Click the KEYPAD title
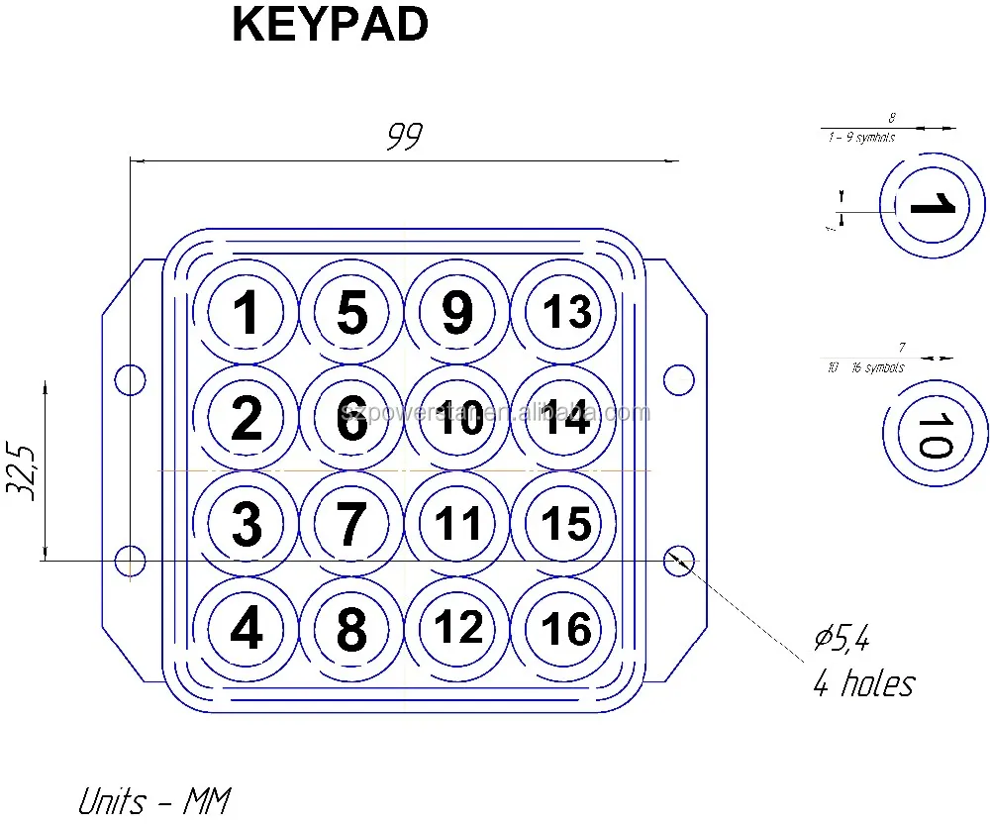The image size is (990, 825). (x=330, y=27)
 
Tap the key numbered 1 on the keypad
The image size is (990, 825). (x=246, y=313)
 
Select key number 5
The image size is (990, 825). (x=351, y=313)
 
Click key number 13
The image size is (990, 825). (x=566, y=313)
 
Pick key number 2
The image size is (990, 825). (x=246, y=419)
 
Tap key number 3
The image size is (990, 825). (x=246, y=525)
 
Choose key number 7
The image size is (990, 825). (x=351, y=525)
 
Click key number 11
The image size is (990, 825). (x=458, y=525)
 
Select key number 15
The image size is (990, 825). (x=566, y=525)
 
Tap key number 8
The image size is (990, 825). (x=351, y=630)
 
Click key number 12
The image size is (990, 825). (x=458, y=628)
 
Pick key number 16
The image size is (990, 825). (x=566, y=630)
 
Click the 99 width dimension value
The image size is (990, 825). (x=404, y=137)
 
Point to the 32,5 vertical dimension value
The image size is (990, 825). (x=25, y=471)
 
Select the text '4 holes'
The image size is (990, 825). (x=863, y=683)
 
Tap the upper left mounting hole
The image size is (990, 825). (x=129, y=378)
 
